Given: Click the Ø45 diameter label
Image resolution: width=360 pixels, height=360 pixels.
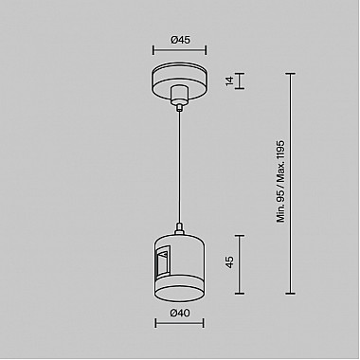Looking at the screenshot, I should pos(179,39).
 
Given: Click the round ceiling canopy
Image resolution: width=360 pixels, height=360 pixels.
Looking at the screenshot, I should pos(179,80).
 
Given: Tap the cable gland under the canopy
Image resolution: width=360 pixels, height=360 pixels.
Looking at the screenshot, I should pos(179,97).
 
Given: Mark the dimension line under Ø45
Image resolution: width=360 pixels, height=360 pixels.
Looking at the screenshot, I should pos(179,53).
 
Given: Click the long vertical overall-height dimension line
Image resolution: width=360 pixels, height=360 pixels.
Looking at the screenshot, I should pos(291,189).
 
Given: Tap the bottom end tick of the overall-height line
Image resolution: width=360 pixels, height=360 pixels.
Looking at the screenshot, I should pos(291,306).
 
